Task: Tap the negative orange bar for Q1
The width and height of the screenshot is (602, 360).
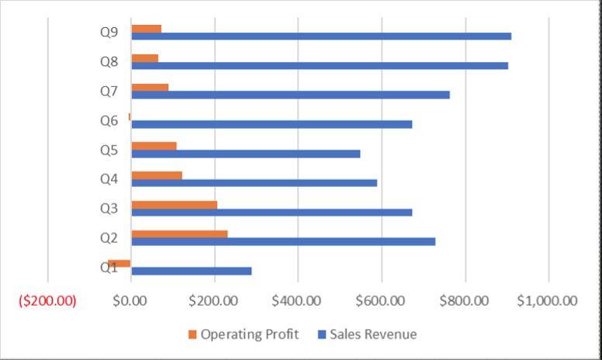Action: coord(119,264)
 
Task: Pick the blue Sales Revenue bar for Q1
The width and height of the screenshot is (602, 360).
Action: coord(192,271)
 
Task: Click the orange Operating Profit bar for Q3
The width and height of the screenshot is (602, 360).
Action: coord(175,205)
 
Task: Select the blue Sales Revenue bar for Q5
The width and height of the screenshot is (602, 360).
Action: coord(246,154)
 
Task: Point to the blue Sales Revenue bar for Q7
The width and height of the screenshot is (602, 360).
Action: coord(291,95)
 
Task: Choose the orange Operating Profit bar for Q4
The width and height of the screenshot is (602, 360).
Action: coord(157,175)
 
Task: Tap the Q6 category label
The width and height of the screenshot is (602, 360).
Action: coord(109,120)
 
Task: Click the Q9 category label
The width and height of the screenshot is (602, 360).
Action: coord(109,33)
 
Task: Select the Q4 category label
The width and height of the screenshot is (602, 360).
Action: coord(109,179)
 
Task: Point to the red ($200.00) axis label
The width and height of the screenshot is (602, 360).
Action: coord(48,300)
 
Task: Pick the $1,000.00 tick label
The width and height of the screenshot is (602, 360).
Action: coord(547,300)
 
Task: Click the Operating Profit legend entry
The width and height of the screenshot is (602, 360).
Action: coord(249,334)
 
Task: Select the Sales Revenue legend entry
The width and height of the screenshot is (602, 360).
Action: coord(372,334)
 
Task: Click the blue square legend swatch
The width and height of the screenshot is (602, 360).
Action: coord(322,334)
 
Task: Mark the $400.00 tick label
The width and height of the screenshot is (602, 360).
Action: coord(296,300)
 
